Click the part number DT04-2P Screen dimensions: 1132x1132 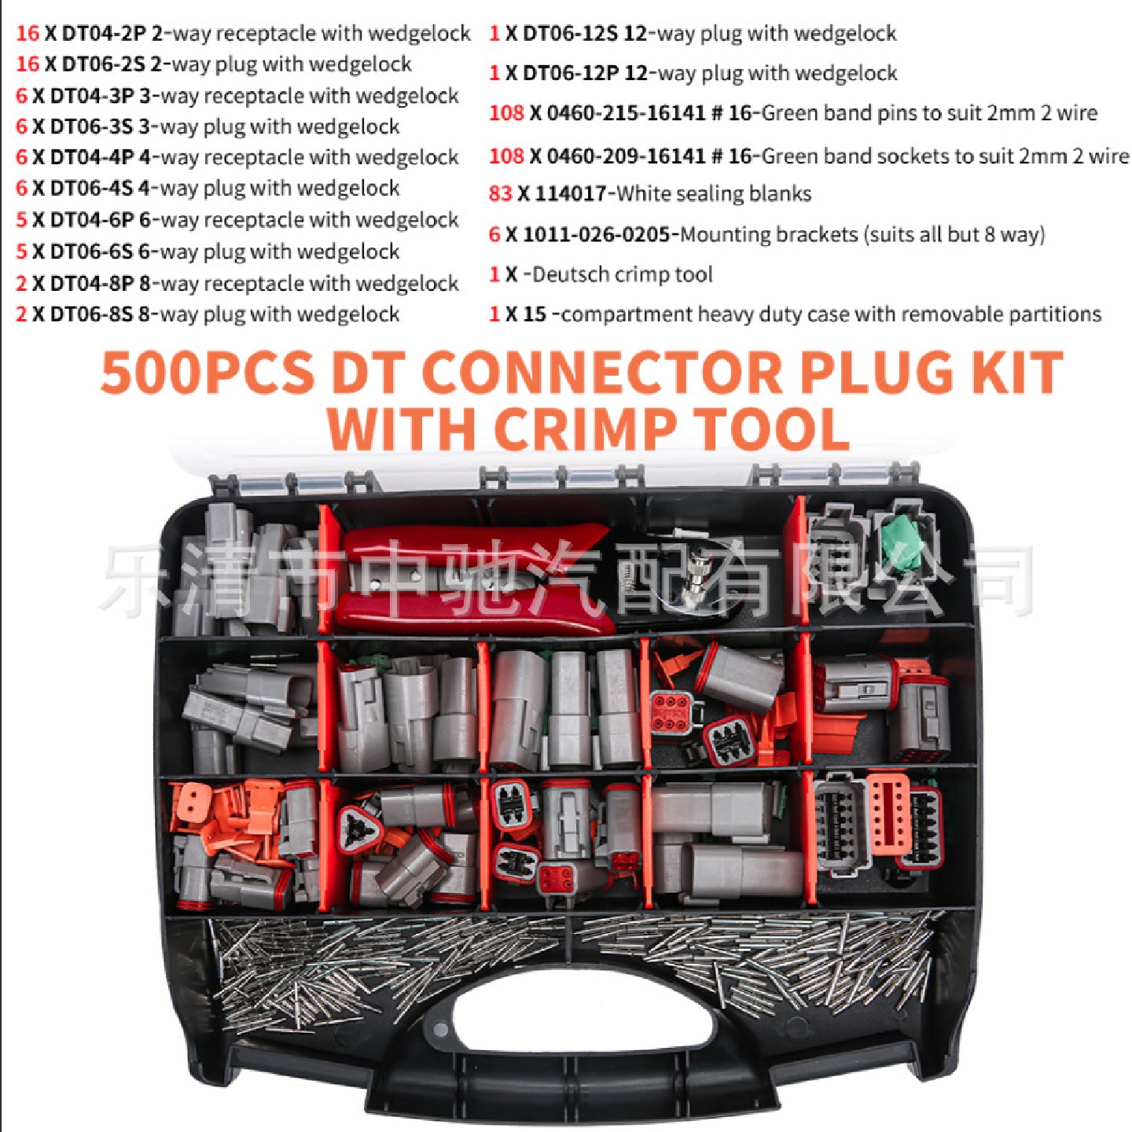104,33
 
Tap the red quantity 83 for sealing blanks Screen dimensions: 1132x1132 500,193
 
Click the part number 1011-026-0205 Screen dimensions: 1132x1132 596,234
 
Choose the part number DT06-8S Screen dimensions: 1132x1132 91,314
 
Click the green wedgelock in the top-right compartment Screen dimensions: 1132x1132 901,541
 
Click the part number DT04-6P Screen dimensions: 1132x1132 92,220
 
